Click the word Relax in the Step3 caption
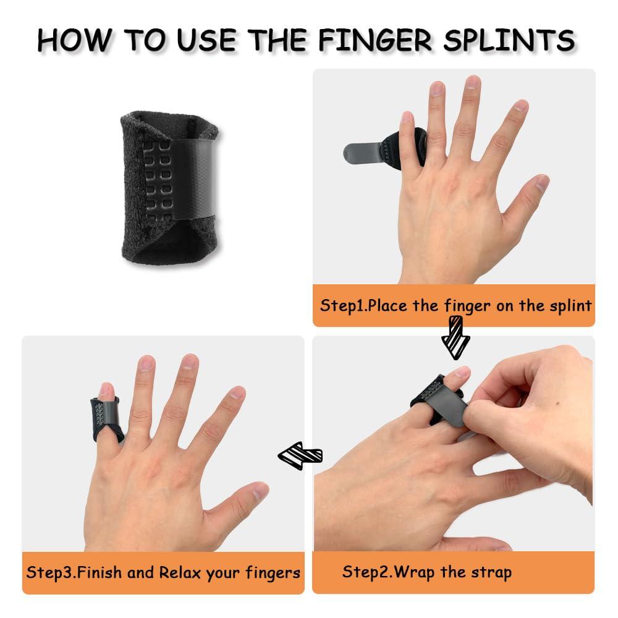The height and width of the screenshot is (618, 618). [181, 572]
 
